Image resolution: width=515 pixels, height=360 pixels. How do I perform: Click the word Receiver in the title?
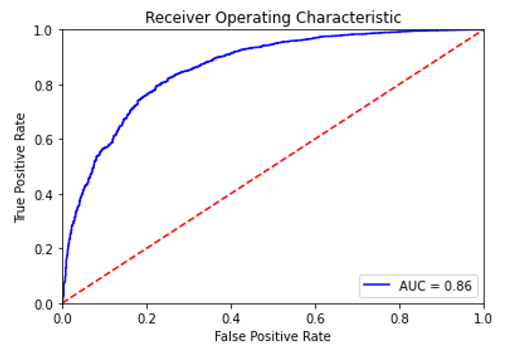click(x=178, y=17)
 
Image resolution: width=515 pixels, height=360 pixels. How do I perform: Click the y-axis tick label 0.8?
click(x=43, y=85)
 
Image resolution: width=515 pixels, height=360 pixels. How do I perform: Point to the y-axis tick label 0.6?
click(x=43, y=140)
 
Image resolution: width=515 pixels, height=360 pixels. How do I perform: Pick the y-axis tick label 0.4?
click(x=43, y=195)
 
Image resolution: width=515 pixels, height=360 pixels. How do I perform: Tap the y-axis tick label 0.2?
click(x=43, y=249)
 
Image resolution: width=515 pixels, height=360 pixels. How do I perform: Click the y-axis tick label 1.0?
click(x=43, y=31)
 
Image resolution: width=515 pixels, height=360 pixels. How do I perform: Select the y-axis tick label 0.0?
click(x=43, y=305)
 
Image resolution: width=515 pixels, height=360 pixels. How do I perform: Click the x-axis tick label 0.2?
click(x=147, y=319)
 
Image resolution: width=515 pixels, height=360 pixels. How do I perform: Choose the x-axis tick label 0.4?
click(x=231, y=319)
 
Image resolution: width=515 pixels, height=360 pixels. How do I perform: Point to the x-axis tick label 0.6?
click(x=315, y=319)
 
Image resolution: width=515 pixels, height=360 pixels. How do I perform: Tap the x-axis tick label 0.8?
click(x=400, y=319)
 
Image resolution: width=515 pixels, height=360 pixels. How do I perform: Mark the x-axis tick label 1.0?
click(x=483, y=319)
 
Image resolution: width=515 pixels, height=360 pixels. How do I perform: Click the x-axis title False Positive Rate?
click(x=273, y=336)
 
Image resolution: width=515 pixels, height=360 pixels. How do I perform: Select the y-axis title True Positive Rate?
click(x=20, y=167)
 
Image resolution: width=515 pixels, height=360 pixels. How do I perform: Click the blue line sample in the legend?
click(x=377, y=285)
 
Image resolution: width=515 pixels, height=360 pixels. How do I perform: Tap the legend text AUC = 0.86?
click(x=435, y=286)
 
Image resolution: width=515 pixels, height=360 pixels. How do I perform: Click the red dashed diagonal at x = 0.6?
click(x=316, y=140)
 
